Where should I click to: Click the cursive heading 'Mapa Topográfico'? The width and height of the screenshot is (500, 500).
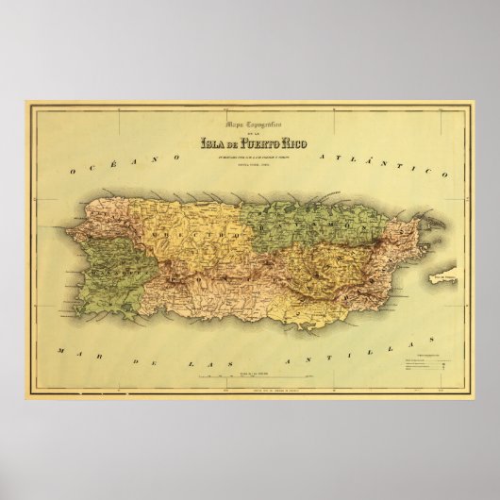(249, 128)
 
